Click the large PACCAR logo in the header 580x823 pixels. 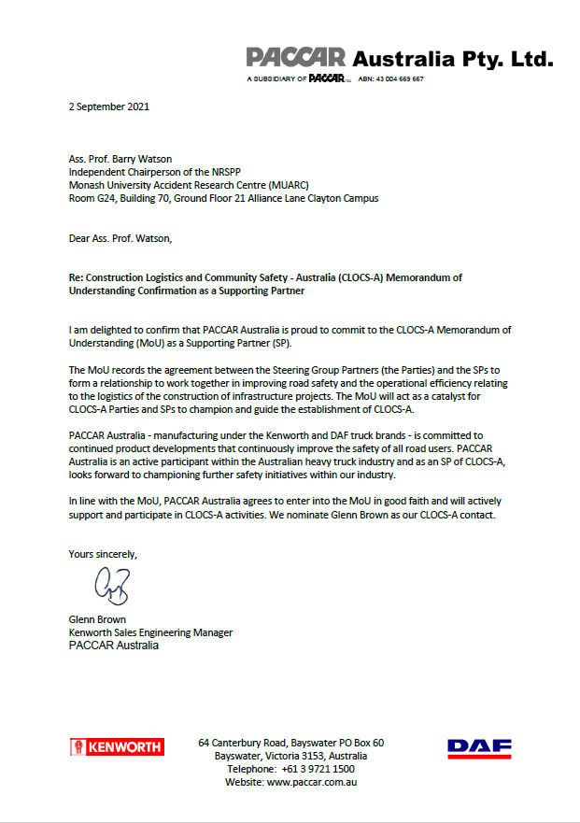[296, 58]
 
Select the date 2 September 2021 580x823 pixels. [109, 106]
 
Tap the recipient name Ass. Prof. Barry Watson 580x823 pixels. [122, 160]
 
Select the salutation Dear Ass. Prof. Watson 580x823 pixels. [120, 238]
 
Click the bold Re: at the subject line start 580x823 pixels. [78, 278]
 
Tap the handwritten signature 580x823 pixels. [111, 587]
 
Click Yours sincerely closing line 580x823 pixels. [103, 554]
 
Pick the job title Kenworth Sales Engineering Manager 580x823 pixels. [150, 632]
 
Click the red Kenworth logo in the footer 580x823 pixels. [117, 746]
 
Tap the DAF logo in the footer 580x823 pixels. [479, 747]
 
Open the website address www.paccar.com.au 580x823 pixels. [312, 782]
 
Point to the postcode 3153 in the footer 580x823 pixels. [311, 756]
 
